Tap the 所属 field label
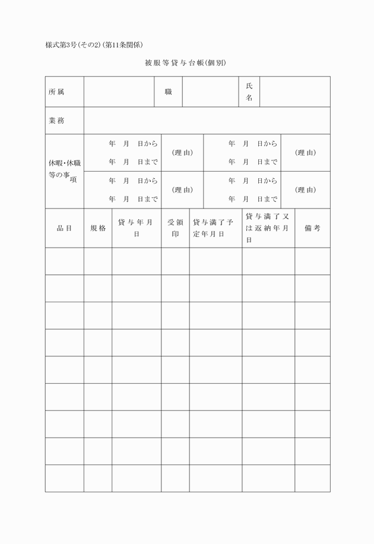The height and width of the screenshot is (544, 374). click(x=57, y=92)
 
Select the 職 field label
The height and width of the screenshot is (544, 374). click(x=169, y=92)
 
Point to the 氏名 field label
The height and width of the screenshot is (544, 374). click(x=249, y=92)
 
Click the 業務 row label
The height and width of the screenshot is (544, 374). click(x=57, y=121)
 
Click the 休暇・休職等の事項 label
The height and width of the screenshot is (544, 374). click(x=64, y=171)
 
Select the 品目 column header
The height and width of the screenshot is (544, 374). click(x=64, y=228)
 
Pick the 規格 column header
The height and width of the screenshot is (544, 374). click(x=98, y=228)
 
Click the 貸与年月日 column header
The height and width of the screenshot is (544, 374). click(x=136, y=228)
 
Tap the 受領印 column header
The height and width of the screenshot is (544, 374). click(x=175, y=228)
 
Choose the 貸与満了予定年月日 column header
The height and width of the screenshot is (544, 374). click(x=215, y=228)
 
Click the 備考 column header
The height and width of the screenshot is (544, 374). click(x=312, y=228)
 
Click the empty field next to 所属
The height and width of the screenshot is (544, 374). click(x=119, y=92)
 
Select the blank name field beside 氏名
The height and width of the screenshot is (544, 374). click(x=294, y=92)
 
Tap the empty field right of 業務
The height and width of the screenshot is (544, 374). click(x=207, y=121)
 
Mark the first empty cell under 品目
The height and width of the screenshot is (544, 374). click(x=64, y=261)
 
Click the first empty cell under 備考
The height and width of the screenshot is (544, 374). click(x=312, y=261)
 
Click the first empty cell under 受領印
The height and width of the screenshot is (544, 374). click(x=175, y=261)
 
